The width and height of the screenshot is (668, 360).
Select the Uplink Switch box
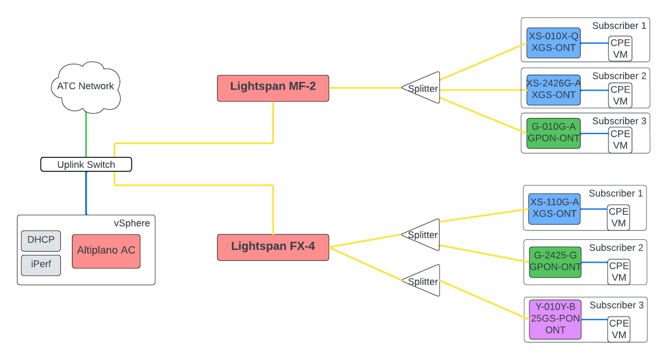click(86, 165)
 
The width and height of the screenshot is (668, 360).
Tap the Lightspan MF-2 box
click(273, 88)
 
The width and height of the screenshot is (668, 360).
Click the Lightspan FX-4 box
click(273, 246)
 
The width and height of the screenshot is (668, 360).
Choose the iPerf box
click(41, 265)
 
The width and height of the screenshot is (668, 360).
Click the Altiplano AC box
click(106, 251)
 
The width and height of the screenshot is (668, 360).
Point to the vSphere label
click(131, 223)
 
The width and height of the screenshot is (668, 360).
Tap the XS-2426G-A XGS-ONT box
click(553, 89)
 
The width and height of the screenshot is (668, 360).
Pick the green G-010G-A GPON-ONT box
click(553, 132)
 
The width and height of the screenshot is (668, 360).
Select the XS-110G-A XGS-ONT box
click(553, 208)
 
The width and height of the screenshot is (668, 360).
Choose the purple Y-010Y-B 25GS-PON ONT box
click(554, 319)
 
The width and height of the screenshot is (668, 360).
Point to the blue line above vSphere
click(86, 193)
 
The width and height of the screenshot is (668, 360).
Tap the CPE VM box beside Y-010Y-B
click(618, 329)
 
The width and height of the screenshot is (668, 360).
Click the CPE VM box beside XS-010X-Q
click(620, 48)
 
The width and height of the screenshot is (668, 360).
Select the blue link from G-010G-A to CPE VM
click(593, 133)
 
